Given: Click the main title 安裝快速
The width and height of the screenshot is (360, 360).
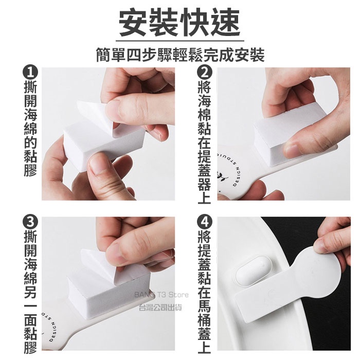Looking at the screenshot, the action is click(x=180, y=24).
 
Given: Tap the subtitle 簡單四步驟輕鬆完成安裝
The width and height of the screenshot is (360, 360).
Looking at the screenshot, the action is click(x=180, y=55).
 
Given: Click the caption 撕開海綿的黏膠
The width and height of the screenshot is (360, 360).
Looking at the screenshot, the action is click(x=30, y=129).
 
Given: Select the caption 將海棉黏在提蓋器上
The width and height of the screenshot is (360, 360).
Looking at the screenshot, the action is click(x=204, y=143).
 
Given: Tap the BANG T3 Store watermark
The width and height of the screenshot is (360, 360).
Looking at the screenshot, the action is click(x=161, y=295).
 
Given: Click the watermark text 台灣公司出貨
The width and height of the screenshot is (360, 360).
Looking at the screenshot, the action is click(x=160, y=307).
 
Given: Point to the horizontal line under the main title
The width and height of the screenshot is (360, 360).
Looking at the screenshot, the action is click(x=180, y=41).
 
